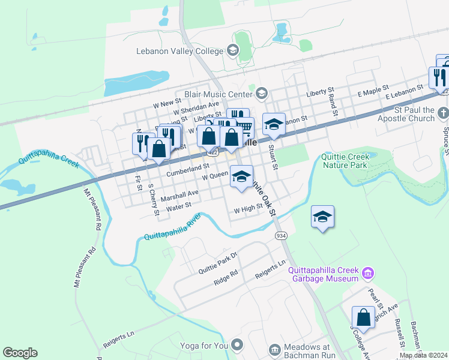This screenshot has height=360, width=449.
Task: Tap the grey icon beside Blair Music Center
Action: pos(261,93)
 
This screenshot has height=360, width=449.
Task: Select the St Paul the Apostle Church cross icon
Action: pos(442,112)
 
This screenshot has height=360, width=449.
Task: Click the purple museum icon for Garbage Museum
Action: pos(369,274)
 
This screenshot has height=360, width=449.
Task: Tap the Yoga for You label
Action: pos(206,346)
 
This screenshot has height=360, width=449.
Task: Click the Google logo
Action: pos(20,353)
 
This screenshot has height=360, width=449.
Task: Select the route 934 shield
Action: pos(281,236)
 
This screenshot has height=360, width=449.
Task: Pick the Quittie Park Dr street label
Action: pos(218,263)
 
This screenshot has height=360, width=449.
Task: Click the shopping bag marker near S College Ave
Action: pos(363,316)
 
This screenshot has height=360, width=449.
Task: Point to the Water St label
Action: pos(178,206)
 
